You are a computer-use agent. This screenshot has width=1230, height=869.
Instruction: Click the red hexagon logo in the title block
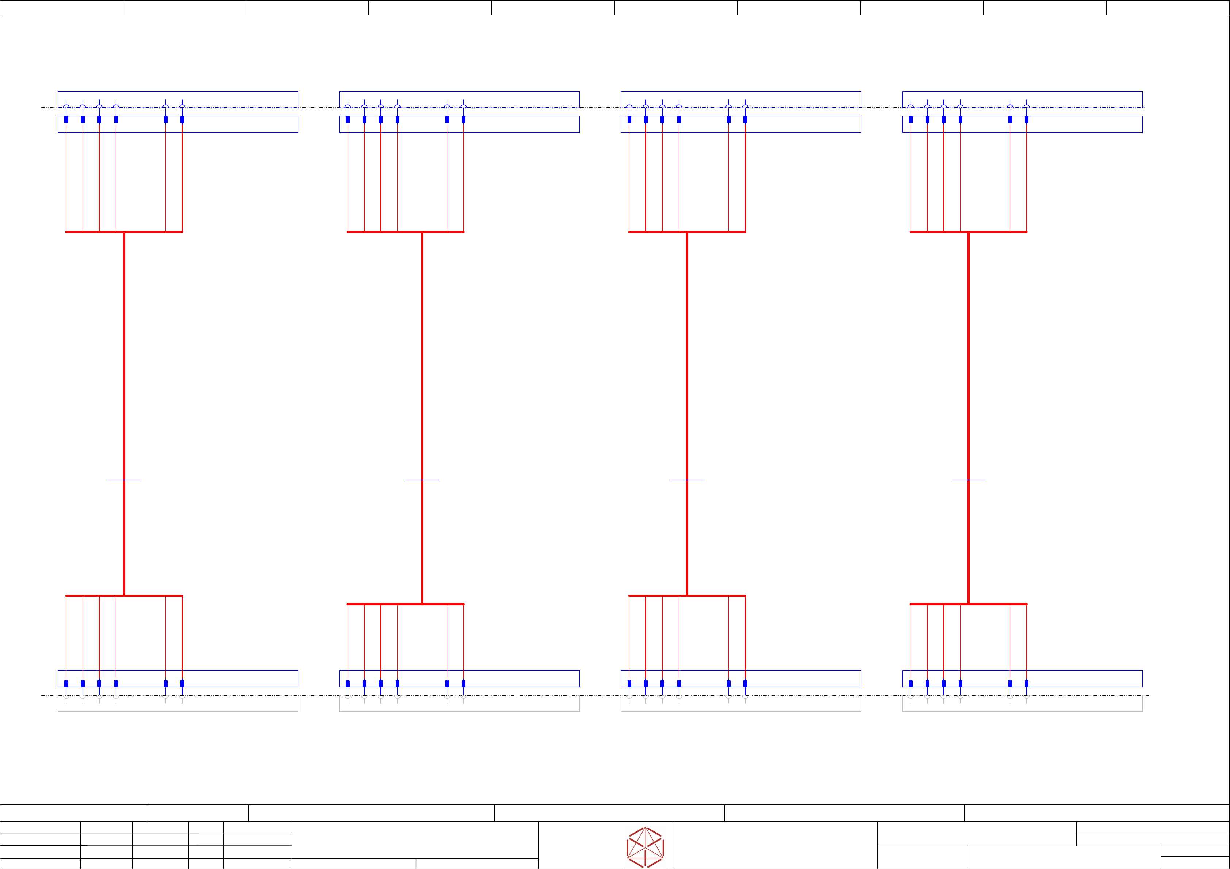tap(645, 847)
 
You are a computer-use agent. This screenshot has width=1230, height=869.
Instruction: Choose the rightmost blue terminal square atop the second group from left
tap(463, 119)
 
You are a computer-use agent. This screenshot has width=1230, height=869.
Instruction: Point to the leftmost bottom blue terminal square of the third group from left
tap(629, 684)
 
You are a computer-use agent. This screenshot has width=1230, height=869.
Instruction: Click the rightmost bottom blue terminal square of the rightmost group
tap(1026, 684)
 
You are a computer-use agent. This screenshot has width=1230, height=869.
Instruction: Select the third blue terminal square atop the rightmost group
tap(944, 119)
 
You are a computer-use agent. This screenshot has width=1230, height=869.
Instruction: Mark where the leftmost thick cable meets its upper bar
tap(124, 232)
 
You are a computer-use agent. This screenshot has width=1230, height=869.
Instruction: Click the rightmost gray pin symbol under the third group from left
tap(745, 696)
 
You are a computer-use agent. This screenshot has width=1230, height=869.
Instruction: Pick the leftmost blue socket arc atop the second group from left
tap(348, 106)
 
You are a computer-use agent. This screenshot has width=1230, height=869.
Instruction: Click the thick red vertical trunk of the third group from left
tap(687, 375)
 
